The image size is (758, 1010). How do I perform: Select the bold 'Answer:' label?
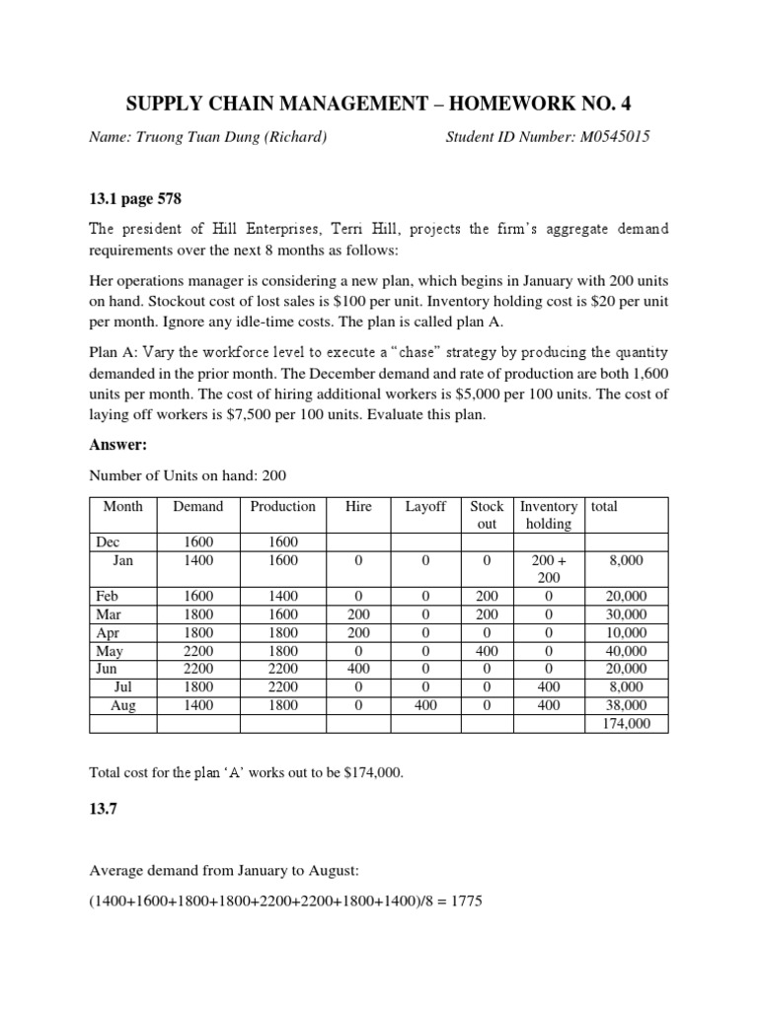(118, 444)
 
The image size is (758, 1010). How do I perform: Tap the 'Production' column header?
(282, 507)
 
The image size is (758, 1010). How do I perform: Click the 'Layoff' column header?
(425, 507)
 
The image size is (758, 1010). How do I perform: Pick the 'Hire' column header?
(358, 507)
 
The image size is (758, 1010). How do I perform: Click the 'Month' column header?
(123, 507)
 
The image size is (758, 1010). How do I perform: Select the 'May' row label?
(110, 651)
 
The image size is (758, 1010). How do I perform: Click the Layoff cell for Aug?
(425, 705)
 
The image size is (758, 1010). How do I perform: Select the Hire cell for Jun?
(358, 669)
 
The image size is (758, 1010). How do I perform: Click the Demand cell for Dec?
(197, 542)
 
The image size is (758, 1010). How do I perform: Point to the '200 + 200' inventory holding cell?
(549, 569)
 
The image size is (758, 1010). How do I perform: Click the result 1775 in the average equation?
(464, 902)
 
